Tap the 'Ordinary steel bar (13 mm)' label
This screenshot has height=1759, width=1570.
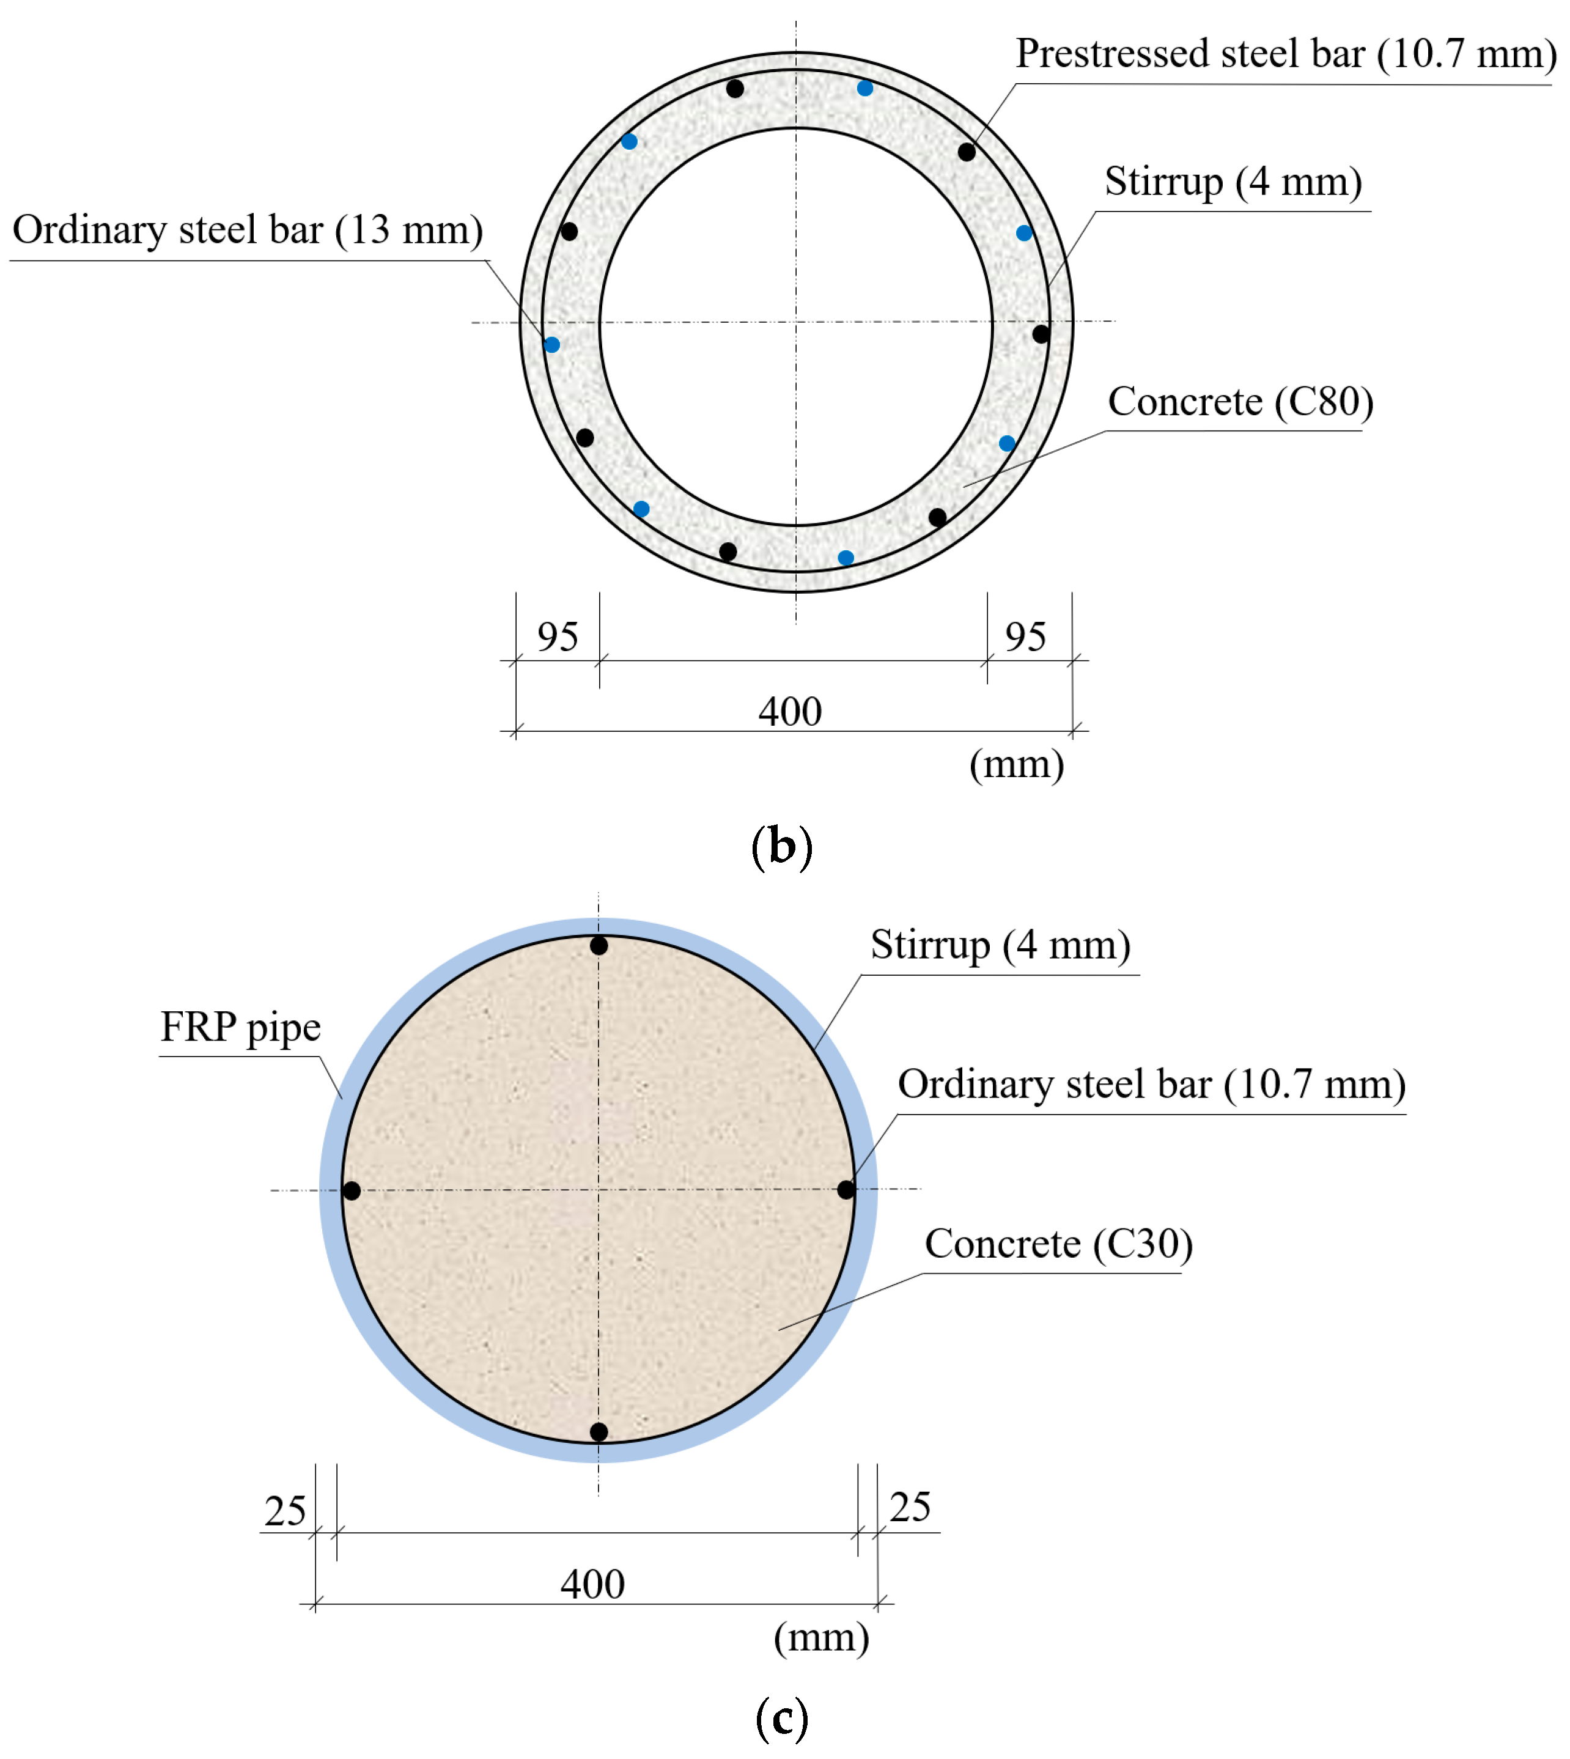point(248,230)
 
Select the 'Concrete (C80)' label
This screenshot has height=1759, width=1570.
point(1240,402)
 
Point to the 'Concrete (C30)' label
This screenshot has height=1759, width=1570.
point(1058,1244)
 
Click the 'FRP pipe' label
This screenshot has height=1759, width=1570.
point(241,1027)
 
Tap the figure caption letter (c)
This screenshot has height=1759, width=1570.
point(781,1717)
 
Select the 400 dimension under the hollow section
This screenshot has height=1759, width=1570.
point(790,712)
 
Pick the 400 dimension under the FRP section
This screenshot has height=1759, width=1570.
point(592,1585)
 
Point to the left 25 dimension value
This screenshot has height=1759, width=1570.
point(286,1511)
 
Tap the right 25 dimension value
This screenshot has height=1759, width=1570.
point(910,1508)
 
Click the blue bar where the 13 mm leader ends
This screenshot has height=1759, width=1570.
point(552,345)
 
